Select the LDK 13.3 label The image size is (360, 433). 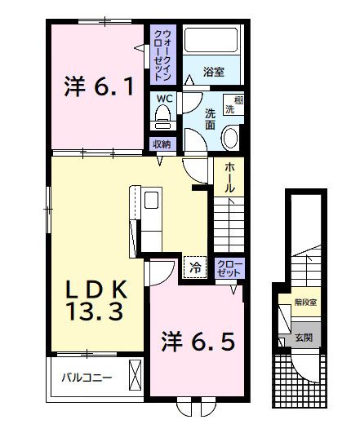click(x=95, y=299)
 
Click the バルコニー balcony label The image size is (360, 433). click(x=90, y=378)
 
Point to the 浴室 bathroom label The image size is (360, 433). click(x=215, y=72)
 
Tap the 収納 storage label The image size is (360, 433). click(x=162, y=144)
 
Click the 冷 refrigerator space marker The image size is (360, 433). click(x=195, y=266)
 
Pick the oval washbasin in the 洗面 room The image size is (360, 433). click(x=230, y=137)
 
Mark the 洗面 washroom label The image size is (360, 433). click(x=210, y=119)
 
